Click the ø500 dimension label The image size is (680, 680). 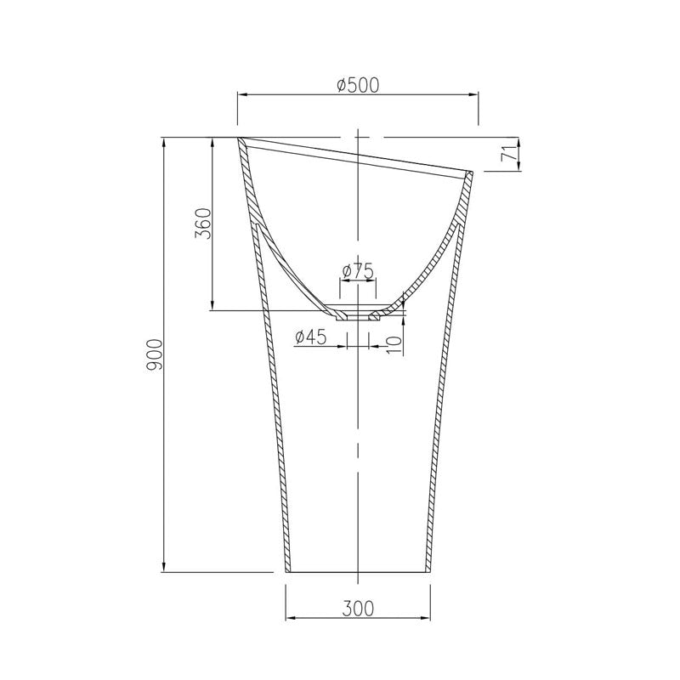pos(357,84)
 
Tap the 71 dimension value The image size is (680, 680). pos(507,155)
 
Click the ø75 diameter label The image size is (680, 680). pos(358,270)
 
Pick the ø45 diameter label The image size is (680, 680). pos(311,337)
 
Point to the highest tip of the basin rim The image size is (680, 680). pos(238,138)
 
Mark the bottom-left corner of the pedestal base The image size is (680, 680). pos(285,572)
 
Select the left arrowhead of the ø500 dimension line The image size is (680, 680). pos(240,95)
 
